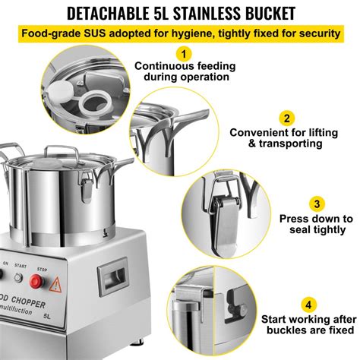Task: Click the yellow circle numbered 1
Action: coord(182,55)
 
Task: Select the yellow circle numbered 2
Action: coord(287,118)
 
